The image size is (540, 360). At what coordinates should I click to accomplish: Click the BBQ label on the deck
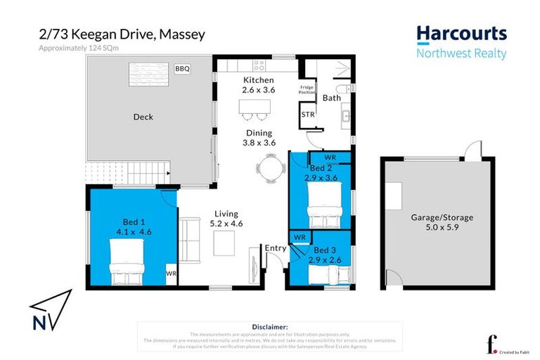(182, 69)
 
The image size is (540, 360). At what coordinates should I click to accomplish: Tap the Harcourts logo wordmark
(461, 34)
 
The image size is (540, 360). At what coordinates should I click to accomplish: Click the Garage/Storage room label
(442, 223)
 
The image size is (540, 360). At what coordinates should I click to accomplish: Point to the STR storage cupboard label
(307, 115)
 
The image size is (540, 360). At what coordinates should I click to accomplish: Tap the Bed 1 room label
(134, 224)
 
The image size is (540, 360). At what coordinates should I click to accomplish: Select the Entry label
(274, 247)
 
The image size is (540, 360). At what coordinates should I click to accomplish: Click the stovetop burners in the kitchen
(258, 65)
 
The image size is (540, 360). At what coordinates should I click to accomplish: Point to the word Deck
(143, 117)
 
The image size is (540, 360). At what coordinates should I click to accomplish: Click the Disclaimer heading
(269, 327)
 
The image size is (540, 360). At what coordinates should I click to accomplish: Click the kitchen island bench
(254, 108)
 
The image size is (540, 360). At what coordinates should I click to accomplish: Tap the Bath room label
(331, 98)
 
